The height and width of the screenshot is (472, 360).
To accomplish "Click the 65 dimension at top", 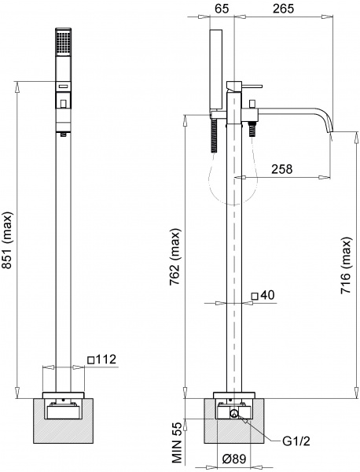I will click(x=221, y=9).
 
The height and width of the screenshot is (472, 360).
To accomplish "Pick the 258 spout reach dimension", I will click(x=283, y=168).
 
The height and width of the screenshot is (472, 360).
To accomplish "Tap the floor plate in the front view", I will click(x=62, y=393).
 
